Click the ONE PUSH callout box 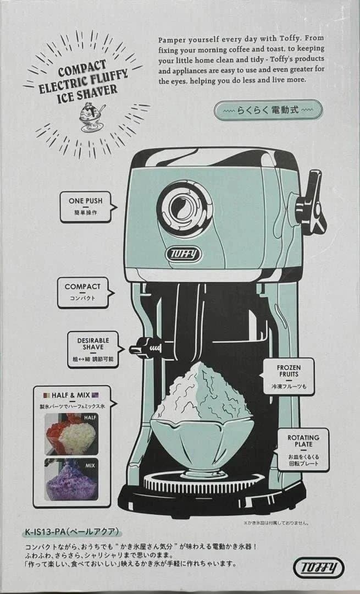(x=86, y=207)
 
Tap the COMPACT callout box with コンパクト (x=84, y=293)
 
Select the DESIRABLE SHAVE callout (x=94, y=350)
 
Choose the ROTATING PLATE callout (x=302, y=450)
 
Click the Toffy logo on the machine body (x=183, y=254)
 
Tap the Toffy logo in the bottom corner (x=319, y=568)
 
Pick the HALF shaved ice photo (x=71, y=433)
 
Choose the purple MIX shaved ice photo (x=71, y=479)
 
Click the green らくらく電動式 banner (x=268, y=110)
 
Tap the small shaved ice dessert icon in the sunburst (x=91, y=117)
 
